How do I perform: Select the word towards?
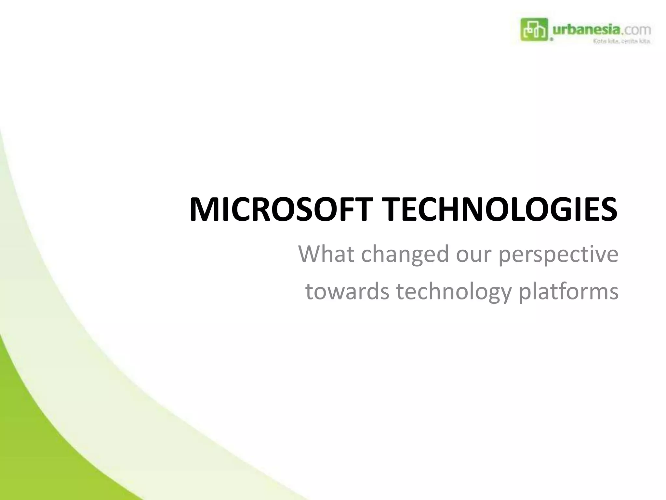pyautogui.click(x=347, y=291)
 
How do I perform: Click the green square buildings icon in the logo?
pyautogui.click(x=534, y=30)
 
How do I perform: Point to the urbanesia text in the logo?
pyautogui.click(x=586, y=30)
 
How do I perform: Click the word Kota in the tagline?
pyautogui.click(x=599, y=42)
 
